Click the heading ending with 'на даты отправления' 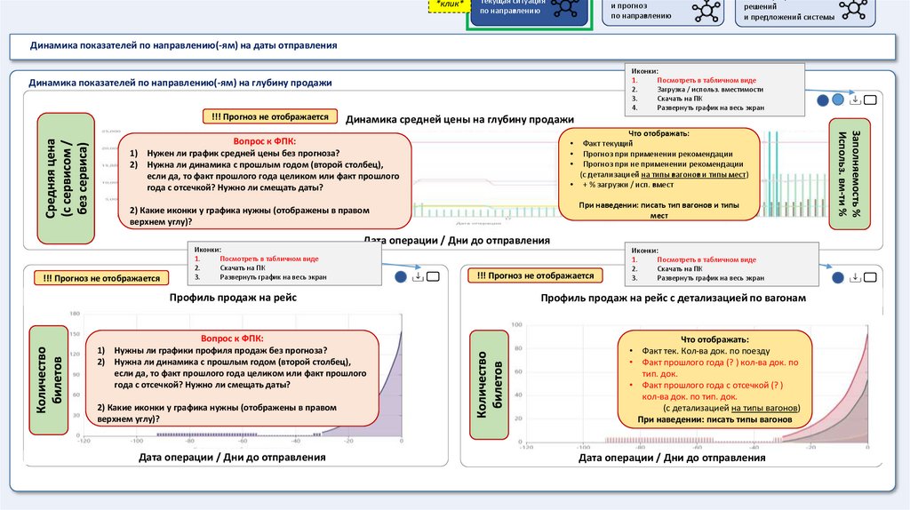(x=183, y=44)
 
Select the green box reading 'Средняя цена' (x=67, y=178)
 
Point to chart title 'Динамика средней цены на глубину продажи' (x=459, y=119)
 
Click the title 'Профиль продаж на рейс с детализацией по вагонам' (x=673, y=298)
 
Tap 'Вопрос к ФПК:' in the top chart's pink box (x=265, y=141)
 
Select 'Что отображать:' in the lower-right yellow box (x=715, y=339)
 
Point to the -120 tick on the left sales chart (x=84, y=441)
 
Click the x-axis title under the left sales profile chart (x=232, y=458)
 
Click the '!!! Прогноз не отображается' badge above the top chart (x=269, y=116)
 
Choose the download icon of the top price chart (x=854, y=100)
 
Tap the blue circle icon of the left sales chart (x=401, y=276)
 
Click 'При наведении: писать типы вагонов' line (x=714, y=419)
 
